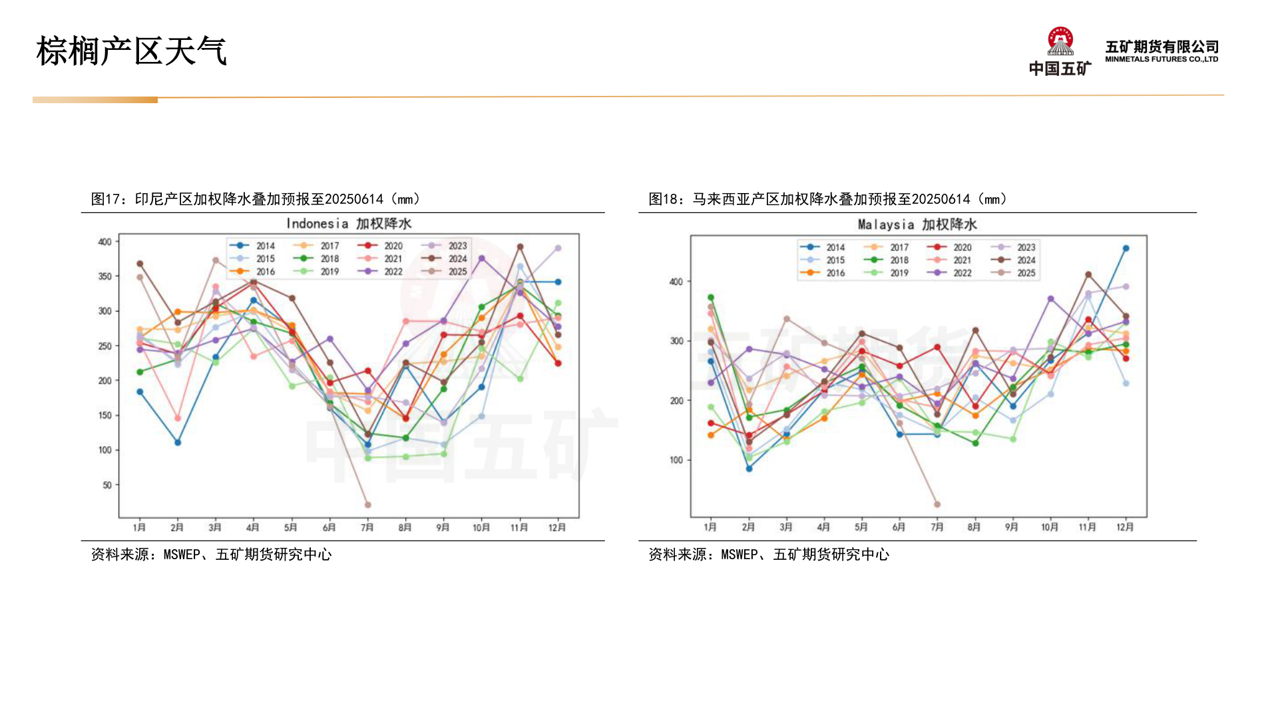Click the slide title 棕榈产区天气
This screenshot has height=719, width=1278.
coord(132,51)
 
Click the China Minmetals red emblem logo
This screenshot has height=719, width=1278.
coord(1060,41)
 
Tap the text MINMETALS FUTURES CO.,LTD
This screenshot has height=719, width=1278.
coord(1162,59)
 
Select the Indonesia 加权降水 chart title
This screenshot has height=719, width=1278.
coord(349,224)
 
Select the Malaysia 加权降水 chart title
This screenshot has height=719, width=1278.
coord(917,225)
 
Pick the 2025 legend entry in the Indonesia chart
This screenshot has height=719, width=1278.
coord(447,272)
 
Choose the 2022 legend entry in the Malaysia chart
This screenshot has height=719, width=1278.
coord(953,273)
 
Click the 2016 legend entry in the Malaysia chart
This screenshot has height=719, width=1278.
coord(825,273)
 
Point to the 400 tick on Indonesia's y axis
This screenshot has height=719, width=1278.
coord(105,242)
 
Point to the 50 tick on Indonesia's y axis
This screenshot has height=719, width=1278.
coord(107,485)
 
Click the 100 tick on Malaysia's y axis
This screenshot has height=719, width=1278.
coord(676,460)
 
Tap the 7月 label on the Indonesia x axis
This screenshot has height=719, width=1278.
coord(367,527)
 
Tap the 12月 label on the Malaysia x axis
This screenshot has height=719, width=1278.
coord(1125,527)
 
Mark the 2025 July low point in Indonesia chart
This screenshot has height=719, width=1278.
coord(367,505)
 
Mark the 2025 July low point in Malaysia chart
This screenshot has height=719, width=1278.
coord(937,505)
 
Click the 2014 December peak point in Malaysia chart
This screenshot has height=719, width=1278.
coord(1126,248)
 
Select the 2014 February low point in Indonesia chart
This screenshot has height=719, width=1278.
coord(178,443)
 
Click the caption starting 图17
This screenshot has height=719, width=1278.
coord(256,199)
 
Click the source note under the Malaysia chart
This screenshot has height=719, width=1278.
coord(769,555)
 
